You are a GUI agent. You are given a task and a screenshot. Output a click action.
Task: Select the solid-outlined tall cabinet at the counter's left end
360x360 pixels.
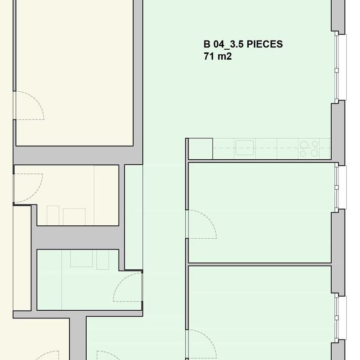pos(200,149)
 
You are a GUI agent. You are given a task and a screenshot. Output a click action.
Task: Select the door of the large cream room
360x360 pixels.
pos(30,105)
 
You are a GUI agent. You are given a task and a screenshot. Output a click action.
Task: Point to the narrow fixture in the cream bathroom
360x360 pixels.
pos(53,215)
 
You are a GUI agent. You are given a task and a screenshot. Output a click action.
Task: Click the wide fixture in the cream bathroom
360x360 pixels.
pos(74,217)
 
